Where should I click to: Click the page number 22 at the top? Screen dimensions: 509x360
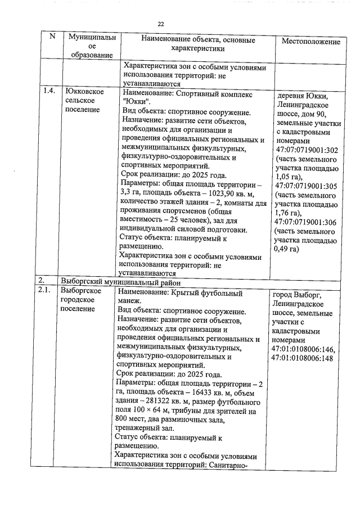coord(160,24)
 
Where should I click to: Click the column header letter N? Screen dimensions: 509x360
coord(52,37)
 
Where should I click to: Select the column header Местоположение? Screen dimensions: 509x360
coord(310,42)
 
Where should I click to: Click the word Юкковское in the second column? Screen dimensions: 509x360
coord(83,90)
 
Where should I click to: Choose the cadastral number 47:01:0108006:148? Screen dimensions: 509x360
coord(303,358)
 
